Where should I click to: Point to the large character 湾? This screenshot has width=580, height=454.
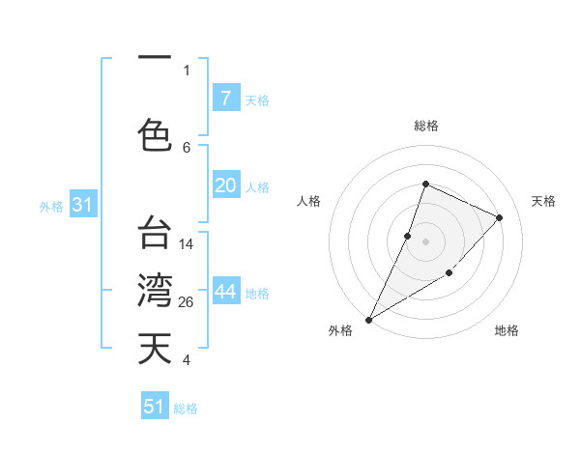pyautogui.click(x=155, y=291)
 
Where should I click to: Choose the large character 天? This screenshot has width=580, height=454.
pyautogui.click(x=155, y=349)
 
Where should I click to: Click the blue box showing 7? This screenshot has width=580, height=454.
pyautogui.click(x=225, y=99)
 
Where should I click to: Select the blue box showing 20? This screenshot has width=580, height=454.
pyautogui.click(x=225, y=185)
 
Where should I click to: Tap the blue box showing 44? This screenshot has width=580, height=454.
pyautogui.click(x=225, y=293)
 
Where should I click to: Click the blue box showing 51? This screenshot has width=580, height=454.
pyautogui.click(x=155, y=407)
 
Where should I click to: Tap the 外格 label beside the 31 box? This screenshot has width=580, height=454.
pyautogui.click(x=50, y=206)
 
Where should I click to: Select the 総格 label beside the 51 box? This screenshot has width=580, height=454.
pyautogui.click(x=186, y=409)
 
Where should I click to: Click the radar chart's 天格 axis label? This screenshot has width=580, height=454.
pyautogui.click(x=543, y=201)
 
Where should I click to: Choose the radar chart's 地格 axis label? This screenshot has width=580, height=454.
pyautogui.click(x=507, y=330)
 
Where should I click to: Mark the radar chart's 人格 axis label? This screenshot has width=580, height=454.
pyautogui.click(x=308, y=201)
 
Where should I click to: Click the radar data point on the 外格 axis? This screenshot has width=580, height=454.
pyautogui.click(x=368, y=319)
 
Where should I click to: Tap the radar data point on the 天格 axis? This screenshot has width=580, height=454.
pyautogui.click(x=500, y=217)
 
